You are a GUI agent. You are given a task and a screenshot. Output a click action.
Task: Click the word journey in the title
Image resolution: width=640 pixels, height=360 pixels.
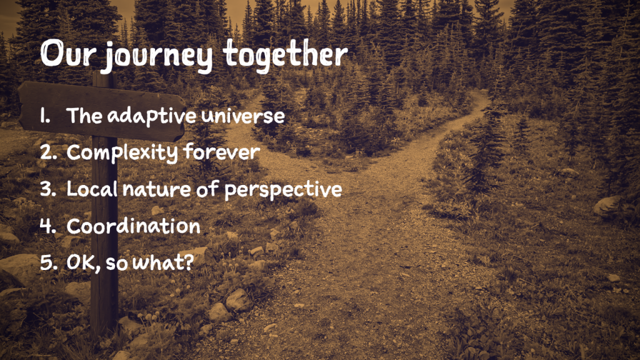[156, 56]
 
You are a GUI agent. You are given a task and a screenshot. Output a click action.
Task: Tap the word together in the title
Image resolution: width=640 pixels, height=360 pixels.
[285, 56]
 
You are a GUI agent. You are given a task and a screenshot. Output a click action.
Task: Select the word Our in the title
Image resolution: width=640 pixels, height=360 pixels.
[67, 54]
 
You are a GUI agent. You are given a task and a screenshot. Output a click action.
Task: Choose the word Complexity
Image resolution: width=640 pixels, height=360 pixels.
[122, 152]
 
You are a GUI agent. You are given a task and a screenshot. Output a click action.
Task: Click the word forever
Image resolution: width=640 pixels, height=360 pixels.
[222, 151]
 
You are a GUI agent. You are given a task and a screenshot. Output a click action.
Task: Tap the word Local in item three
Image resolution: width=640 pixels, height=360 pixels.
[92, 189]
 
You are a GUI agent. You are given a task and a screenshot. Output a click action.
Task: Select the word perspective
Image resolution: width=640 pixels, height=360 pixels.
[283, 190]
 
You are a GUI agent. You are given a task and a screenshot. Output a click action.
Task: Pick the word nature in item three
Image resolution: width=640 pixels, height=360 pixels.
[156, 190]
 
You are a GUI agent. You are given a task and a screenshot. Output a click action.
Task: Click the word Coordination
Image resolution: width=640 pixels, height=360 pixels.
[134, 226]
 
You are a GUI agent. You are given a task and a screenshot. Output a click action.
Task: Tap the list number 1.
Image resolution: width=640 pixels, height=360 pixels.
[45, 116]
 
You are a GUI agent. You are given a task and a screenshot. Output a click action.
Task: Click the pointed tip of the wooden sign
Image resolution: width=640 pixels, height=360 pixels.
[185, 117]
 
